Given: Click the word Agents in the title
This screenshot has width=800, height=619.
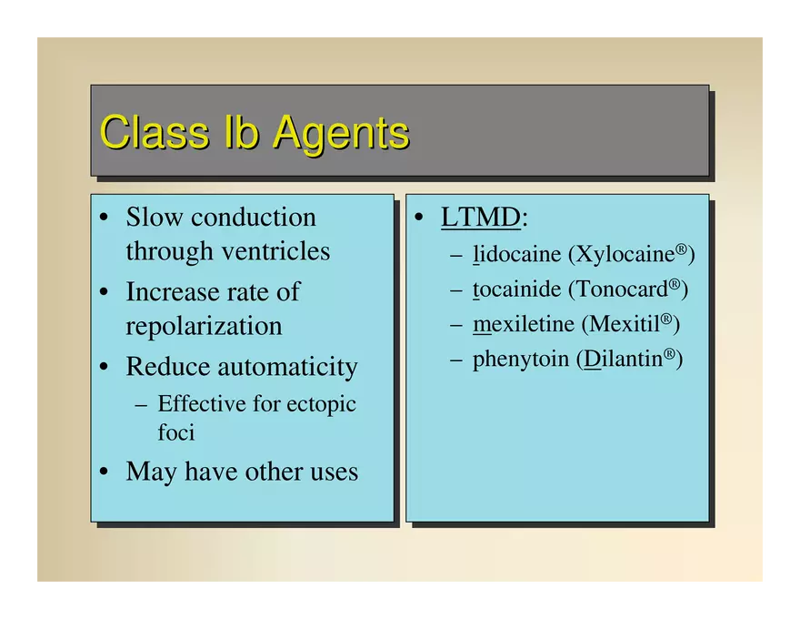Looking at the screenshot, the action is pyautogui.click(x=341, y=134).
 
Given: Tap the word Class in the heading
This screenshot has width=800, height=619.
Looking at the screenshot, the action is pyautogui.click(x=155, y=132).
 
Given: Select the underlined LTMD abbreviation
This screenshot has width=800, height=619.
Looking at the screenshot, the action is pyautogui.click(x=481, y=217).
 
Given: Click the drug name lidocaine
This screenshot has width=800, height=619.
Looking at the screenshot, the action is pyautogui.click(x=516, y=253).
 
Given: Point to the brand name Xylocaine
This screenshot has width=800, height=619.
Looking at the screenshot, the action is pyautogui.click(x=625, y=253).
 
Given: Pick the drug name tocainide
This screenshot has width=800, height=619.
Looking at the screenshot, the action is pyautogui.click(x=516, y=289).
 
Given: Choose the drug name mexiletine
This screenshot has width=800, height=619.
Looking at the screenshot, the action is pyautogui.click(x=524, y=324).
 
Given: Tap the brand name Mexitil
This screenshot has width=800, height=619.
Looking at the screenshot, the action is pyautogui.click(x=625, y=324).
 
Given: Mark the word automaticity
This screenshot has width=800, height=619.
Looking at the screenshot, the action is pyautogui.click(x=288, y=368).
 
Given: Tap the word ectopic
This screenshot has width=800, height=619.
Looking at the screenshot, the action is pyautogui.click(x=321, y=405).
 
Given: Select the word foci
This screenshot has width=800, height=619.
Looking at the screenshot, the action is pyautogui.click(x=176, y=432).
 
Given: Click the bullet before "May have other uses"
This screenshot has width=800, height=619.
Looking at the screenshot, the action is pyautogui.click(x=104, y=471).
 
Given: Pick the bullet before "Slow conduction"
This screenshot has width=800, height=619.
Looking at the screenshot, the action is pyautogui.click(x=104, y=217).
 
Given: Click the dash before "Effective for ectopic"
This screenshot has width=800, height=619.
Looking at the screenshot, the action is pyautogui.click(x=141, y=405).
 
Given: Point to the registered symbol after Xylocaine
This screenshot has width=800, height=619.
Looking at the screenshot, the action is pyautogui.click(x=681, y=249).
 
